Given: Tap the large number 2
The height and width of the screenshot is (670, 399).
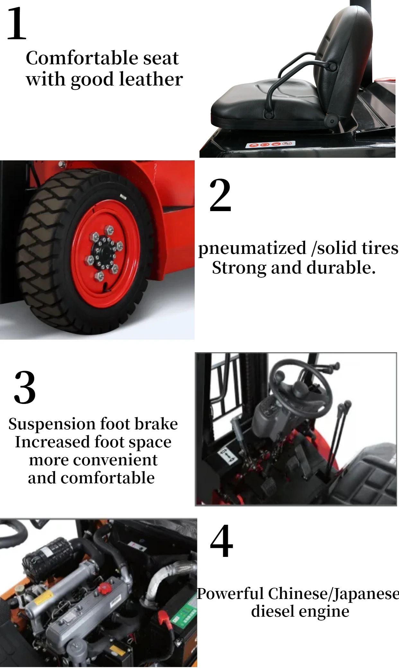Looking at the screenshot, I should pos(220,195).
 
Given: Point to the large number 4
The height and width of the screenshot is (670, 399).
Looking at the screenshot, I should pos(221,542).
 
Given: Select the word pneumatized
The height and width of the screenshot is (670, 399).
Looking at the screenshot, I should pos(252,248).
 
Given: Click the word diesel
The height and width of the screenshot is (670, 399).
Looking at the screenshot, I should pos(270,611).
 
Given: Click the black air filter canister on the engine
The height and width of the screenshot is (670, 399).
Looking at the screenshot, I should pos(48,553).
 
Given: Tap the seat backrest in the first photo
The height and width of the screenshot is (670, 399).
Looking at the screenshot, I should pos(345,55).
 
